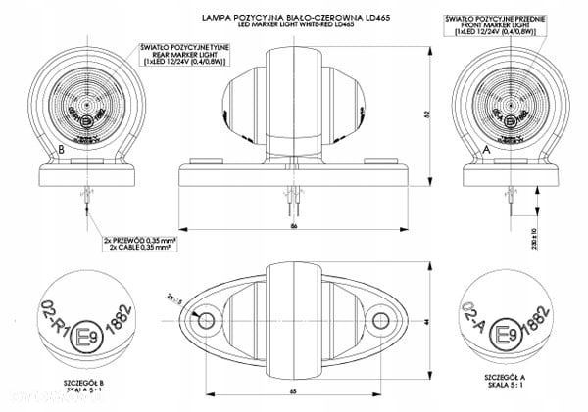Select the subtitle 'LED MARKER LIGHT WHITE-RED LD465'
[x=292, y=26]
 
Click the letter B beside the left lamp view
[x=62, y=148]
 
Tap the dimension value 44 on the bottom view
[x=427, y=321]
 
